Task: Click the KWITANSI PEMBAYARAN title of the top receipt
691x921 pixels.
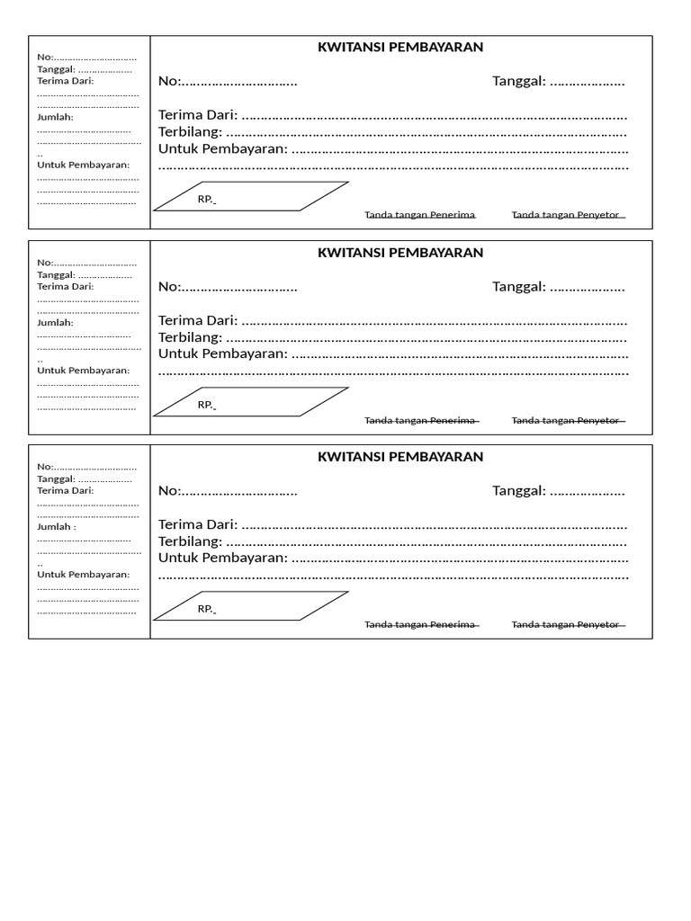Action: [x=400, y=48]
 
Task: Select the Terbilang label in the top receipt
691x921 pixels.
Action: [x=190, y=132]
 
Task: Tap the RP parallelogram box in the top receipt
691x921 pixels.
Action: [x=250, y=196]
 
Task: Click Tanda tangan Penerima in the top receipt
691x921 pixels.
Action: [x=419, y=215]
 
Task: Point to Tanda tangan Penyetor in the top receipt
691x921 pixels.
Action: [x=566, y=215]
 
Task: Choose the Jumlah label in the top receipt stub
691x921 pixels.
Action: [x=55, y=117]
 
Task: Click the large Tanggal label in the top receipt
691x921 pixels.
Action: [x=519, y=82]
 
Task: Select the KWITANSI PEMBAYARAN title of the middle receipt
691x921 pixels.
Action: [x=400, y=253]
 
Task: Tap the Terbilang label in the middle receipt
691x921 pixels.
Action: [x=190, y=337]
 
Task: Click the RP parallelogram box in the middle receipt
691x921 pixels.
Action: [x=250, y=402]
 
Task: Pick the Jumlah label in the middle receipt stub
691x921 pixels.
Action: [x=55, y=322]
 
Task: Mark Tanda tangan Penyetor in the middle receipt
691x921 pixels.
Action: [x=566, y=420]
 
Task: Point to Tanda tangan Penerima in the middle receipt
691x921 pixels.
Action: [x=419, y=420]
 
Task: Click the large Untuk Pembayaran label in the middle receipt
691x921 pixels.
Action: [x=223, y=353]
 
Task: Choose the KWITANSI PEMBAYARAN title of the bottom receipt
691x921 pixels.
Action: [x=400, y=457]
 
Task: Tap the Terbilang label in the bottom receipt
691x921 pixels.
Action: [x=190, y=541]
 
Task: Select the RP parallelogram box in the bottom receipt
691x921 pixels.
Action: [x=250, y=606]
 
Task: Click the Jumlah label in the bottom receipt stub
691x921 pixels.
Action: [x=56, y=526]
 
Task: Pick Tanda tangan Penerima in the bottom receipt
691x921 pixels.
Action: [x=419, y=624]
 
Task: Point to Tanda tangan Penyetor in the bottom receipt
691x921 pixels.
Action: [x=566, y=624]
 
